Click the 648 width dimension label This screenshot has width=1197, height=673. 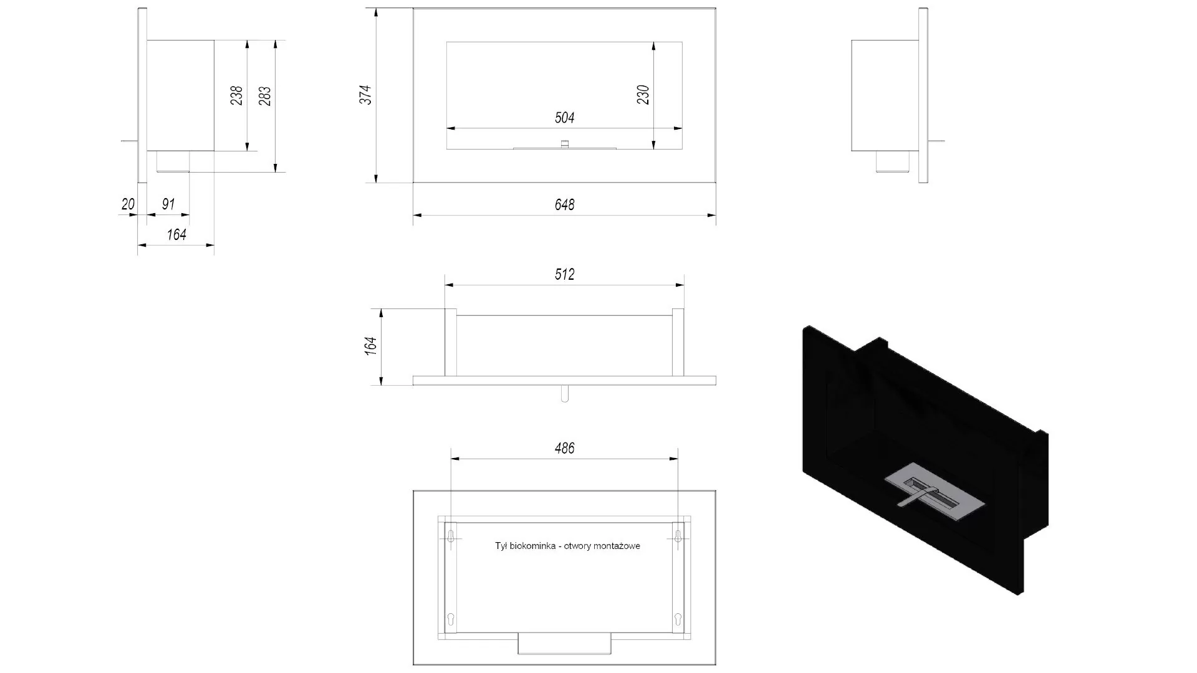pos(564,204)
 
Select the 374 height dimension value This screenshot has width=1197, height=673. pos(365,95)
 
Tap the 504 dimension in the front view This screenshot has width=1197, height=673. pos(564,118)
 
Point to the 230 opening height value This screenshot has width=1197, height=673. pos(643,95)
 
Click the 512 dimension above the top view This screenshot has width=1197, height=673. pos(564,274)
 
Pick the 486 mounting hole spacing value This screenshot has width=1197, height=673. pos(564,448)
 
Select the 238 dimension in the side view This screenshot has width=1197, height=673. pos(236,95)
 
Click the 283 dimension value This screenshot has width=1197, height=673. pos(265,95)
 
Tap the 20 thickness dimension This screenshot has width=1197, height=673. pos(128,204)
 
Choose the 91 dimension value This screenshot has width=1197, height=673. pos(168,204)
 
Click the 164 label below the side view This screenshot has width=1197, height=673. pos(176,234)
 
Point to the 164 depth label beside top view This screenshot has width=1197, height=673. pos(371,346)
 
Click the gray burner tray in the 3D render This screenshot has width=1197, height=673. pos(935,492)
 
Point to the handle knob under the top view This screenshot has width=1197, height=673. pos(564,394)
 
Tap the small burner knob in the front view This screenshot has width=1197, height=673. pos(564,144)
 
